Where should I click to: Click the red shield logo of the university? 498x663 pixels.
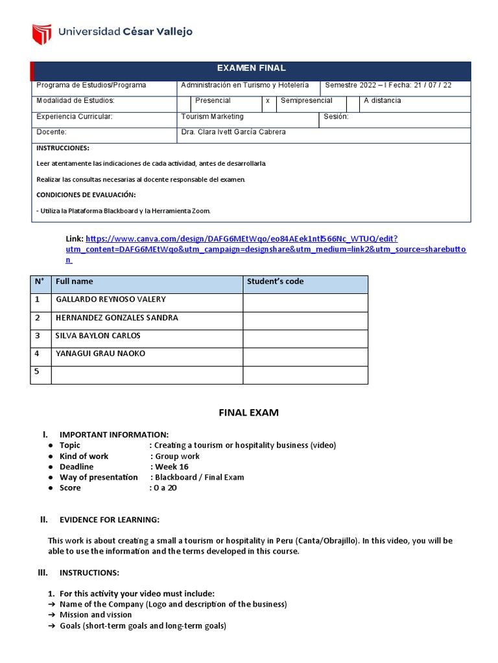point(41,32)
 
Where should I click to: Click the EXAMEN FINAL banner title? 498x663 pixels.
point(251,68)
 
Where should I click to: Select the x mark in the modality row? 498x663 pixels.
point(268,101)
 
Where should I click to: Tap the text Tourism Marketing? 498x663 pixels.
point(213,117)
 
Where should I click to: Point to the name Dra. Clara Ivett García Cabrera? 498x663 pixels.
point(233,132)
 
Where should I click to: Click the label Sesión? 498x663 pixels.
point(336,117)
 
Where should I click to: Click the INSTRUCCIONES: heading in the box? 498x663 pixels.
point(63,148)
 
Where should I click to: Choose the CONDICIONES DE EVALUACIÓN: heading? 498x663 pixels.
point(86,195)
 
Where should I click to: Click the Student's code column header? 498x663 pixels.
point(275,282)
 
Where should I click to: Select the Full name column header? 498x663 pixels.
point(75,282)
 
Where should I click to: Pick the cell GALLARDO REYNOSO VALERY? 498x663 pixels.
point(111,300)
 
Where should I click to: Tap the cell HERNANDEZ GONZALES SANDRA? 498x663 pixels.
point(117,318)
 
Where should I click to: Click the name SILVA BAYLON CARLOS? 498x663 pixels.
point(98,336)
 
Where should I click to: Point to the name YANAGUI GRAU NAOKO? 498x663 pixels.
point(101,354)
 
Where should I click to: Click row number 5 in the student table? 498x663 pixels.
point(38,372)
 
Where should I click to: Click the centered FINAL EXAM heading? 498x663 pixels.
point(248,412)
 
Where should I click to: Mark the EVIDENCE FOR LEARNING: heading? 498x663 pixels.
point(109,520)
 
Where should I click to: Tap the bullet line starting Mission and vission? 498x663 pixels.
point(95,615)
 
